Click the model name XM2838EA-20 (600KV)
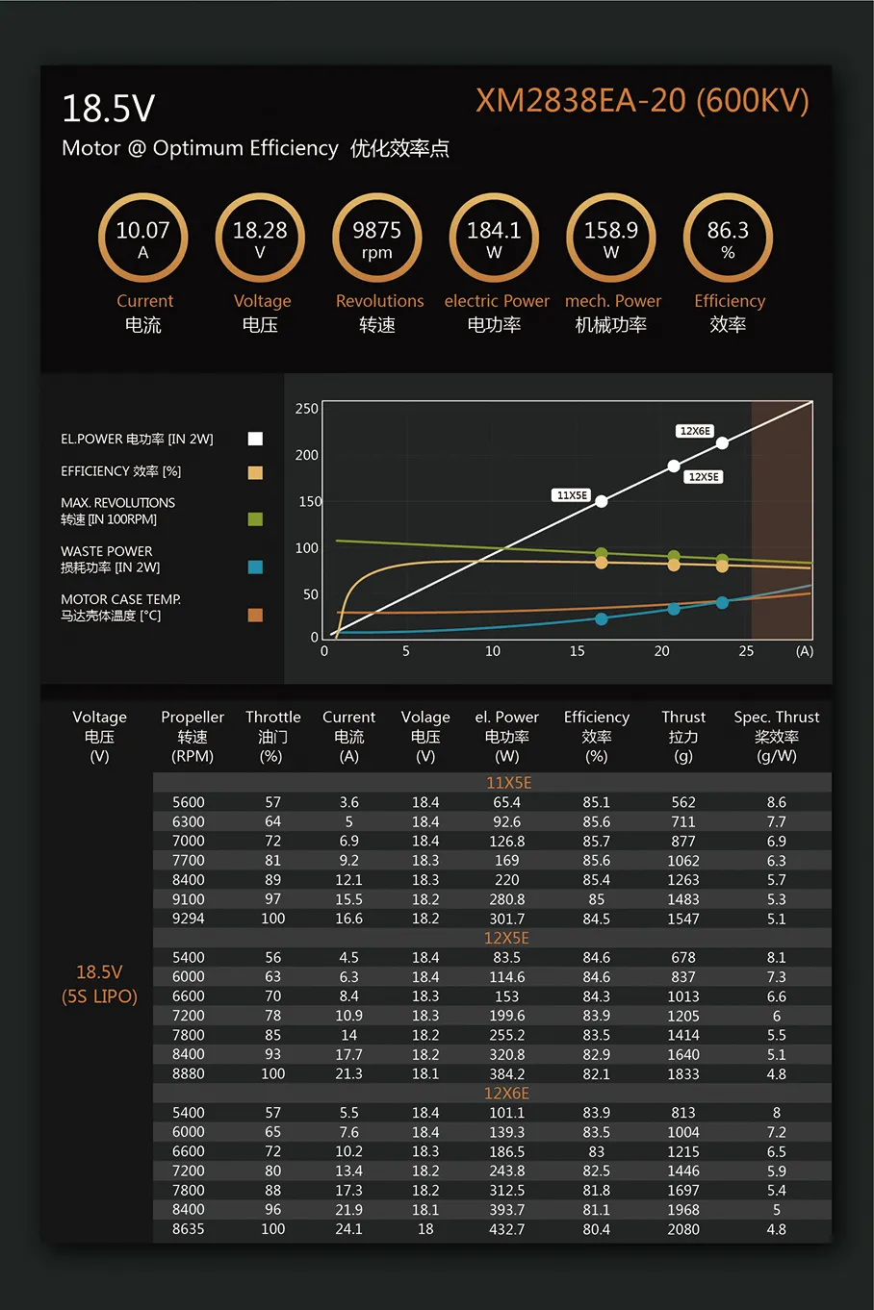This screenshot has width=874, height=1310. point(642,101)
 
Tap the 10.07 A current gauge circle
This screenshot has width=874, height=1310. point(143,238)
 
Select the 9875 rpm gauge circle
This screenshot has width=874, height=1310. point(377,238)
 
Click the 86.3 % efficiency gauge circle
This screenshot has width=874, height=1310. point(728,238)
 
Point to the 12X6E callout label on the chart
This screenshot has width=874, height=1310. point(695,431)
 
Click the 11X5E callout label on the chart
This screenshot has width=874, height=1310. point(572,495)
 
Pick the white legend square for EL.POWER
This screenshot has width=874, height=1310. point(255,439)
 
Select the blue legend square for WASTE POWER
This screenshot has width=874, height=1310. point(255,567)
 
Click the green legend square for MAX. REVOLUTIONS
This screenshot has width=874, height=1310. point(255,519)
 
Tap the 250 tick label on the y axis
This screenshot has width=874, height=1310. point(306,409)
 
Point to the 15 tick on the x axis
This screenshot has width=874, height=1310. point(577,651)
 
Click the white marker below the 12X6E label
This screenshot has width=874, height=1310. point(722,442)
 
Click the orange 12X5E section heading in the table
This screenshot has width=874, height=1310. point(506,938)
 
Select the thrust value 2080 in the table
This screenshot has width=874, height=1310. point(683,1229)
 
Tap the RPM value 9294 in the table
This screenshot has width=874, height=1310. point(189,919)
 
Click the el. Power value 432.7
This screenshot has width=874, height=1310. point(506,1229)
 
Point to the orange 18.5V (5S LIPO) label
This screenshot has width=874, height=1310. point(99,984)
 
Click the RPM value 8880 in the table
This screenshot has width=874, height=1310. point(189,1073)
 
